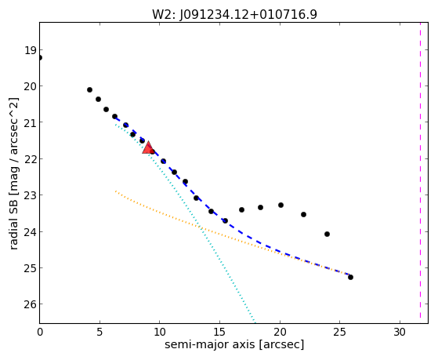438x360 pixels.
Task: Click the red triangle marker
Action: click(x=148, y=147)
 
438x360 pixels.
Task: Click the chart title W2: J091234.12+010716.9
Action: click(x=234, y=14)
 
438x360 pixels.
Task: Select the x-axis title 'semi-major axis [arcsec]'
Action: click(x=234, y=344)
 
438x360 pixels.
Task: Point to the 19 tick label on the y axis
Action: click(x=31, y=51)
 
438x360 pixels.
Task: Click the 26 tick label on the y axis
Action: click(x=31, y=304)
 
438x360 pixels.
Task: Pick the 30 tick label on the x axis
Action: click(x=400, y=333)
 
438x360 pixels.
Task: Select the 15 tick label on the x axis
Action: click(x=219, y=333)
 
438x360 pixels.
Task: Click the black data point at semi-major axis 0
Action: click(x=40, y=57)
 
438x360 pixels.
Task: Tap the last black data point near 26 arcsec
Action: click(x=350, y=277)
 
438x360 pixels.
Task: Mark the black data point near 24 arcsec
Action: click(x=327, y=235)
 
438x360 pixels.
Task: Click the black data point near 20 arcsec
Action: click(x=281, y=205)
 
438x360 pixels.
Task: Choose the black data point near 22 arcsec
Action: click(x=304, y=215)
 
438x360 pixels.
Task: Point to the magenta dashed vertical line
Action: click(x=420, y=173)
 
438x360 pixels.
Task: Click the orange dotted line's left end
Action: click(x=115, y=191)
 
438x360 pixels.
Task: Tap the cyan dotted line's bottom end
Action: click(x=254, y=321)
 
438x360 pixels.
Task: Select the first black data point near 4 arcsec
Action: click(x=89, y=89)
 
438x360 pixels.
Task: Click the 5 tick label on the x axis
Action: click(x=100, y=333)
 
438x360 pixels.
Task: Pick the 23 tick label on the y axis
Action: click(x=31, y=195)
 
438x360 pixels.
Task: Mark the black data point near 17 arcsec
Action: click(x=241, y=209)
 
